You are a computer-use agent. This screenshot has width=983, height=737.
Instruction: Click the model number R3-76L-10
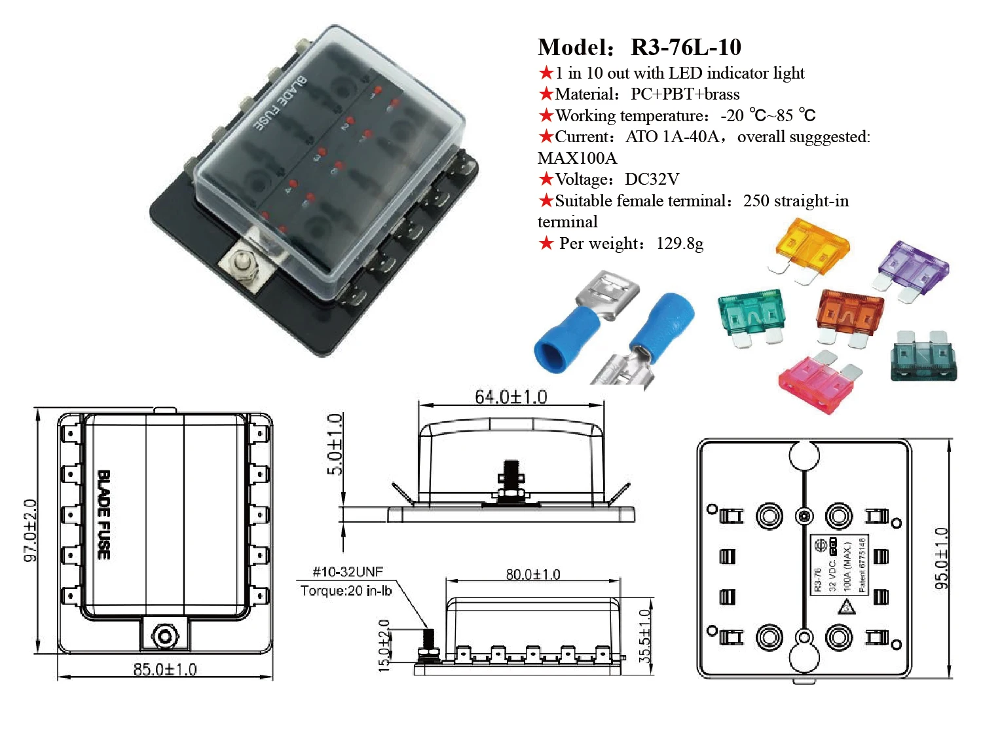pos(685,47)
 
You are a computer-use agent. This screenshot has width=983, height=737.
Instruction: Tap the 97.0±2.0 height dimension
pos(30,531)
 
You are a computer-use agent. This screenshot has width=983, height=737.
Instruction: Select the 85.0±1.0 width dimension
pos(164,670)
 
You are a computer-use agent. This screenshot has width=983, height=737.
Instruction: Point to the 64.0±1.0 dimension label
pos(510,397)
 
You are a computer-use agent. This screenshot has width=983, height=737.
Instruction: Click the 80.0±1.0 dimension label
pos(532,575)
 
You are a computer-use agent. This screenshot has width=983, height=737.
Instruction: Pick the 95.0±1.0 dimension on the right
pos(941,558)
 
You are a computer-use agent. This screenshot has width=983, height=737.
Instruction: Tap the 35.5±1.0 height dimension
pos(644,635)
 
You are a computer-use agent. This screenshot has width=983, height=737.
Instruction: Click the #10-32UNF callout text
pos(347,571)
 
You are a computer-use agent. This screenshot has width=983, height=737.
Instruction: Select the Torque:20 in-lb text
pos(346,591)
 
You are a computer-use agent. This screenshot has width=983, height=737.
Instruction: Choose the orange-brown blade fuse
pos(849,313)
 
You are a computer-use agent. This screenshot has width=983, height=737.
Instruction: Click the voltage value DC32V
pos(652,180)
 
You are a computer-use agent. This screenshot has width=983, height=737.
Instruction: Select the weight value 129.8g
pos(680,244)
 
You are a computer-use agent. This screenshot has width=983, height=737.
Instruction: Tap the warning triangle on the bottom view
pos(847,607)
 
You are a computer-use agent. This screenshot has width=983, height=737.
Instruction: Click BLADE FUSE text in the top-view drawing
pos(103,515)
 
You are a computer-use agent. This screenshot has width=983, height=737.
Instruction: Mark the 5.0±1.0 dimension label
pos(335,444)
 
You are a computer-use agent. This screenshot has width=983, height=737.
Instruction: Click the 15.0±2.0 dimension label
pos(384,645)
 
